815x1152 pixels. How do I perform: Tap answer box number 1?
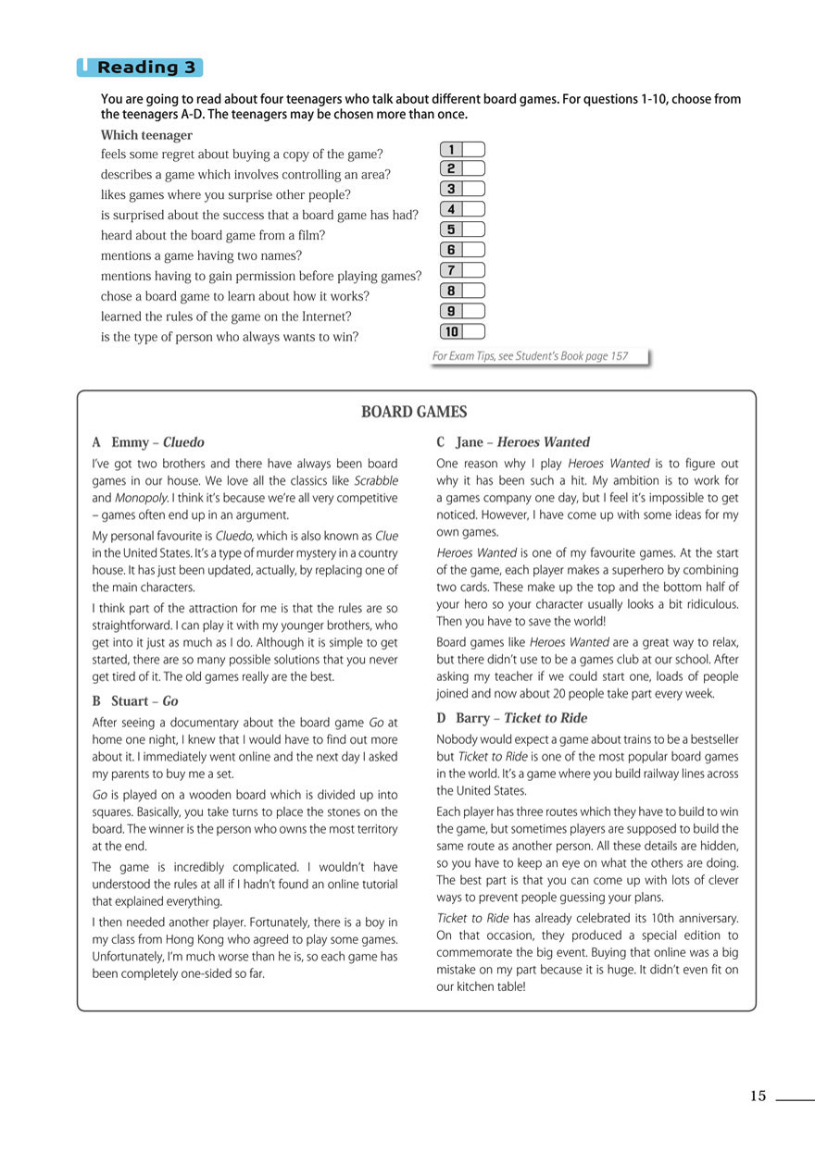click(x=471, y=149)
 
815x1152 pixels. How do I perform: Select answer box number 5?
click(x=471, y=229)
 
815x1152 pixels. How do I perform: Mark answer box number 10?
click(x=473, y=331)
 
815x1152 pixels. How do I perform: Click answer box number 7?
click(x=471, y=270)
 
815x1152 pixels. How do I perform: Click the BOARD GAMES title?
click(x=414, y=413)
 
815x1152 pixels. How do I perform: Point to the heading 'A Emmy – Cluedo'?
click(x=148, y=442)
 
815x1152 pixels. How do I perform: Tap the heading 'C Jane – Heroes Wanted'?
click(x=512, y=442)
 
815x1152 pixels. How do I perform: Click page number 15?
click(x=758, y=1096)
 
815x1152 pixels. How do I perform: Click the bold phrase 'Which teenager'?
click(x=146, y=135)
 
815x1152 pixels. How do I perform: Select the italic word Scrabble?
click(x=376, y=481)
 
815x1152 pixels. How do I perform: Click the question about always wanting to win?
click(x=229, y=337)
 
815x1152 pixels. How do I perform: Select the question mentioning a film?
click(x=212, y=235)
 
